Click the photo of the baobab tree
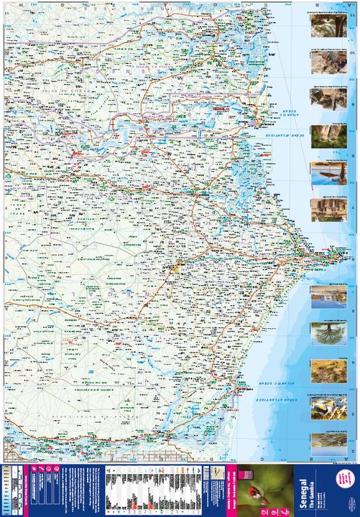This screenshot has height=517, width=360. click(x=320, y=335)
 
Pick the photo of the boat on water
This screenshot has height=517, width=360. click(x=320, y=174)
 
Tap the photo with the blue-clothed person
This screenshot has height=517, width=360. click(x=320, y=61)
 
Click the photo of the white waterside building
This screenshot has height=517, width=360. click(x=320, y=297)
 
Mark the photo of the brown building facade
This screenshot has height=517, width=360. click(x=320, y=210)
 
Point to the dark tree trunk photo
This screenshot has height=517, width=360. click(x=320, y=26)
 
